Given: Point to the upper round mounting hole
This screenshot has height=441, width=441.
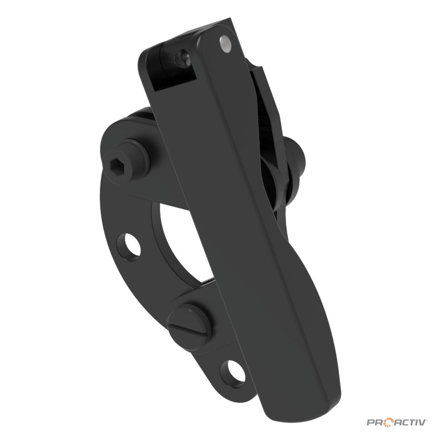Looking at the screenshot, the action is [129, 244].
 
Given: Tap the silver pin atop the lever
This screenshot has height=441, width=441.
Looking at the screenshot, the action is [225, 44].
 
